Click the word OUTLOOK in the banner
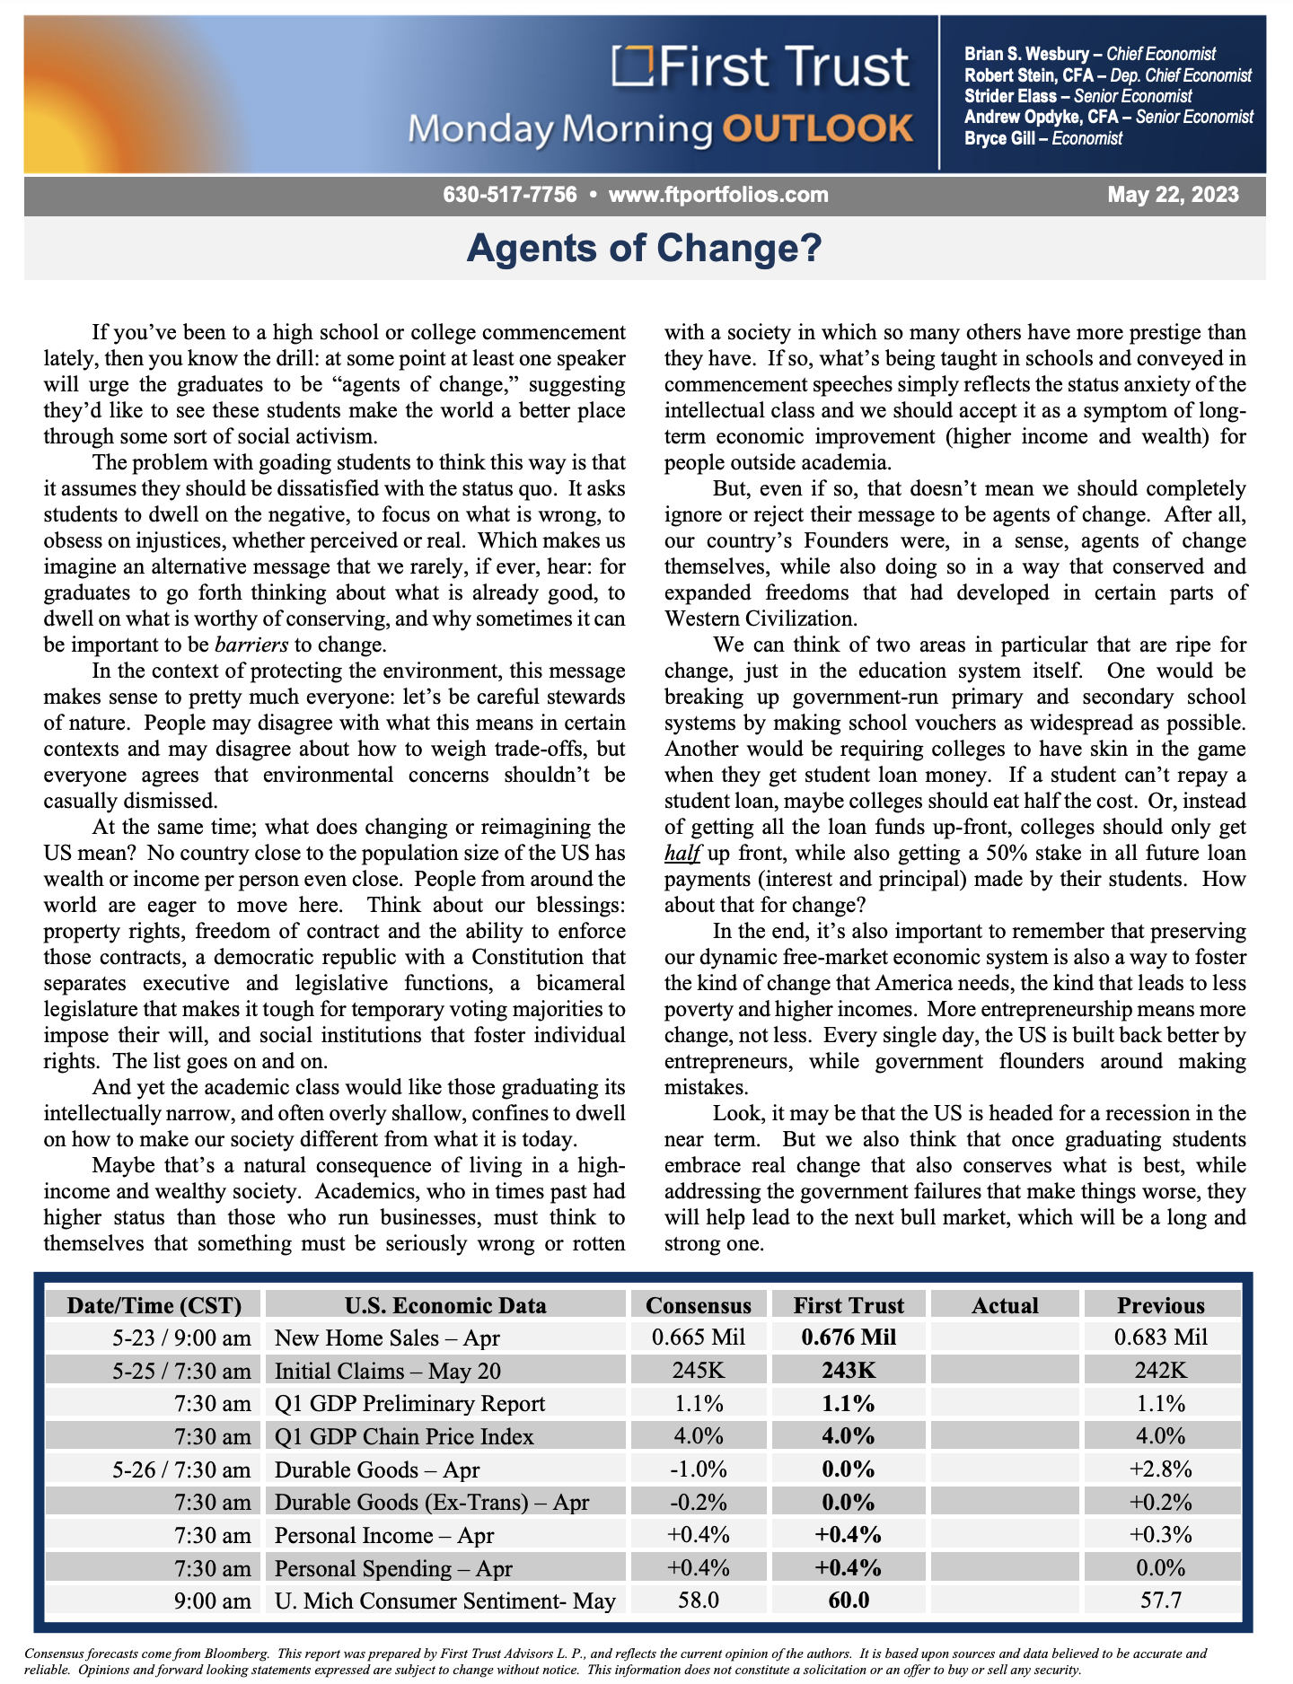click(x=818, y=129)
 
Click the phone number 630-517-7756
click(x=510, y=195)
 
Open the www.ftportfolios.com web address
click(x=718, y=195)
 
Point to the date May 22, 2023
click(x=1173, y=195)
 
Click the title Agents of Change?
click(x=645, y=248)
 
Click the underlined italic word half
click(x=682, y=853)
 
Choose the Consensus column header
click(x=699, y=1305)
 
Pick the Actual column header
click(x=1005, y=1305)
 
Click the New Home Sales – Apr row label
click(x=387, y=1338)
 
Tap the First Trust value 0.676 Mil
click(x=849, y=1338)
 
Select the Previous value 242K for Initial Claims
click(x=1160, y=1371)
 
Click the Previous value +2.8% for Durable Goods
click(x=1160, y=1469)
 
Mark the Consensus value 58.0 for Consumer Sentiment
click(x=699, y=1601)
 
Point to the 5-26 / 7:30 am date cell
click(x=182, y=1469)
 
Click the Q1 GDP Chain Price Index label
click(x=404, y=1436)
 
